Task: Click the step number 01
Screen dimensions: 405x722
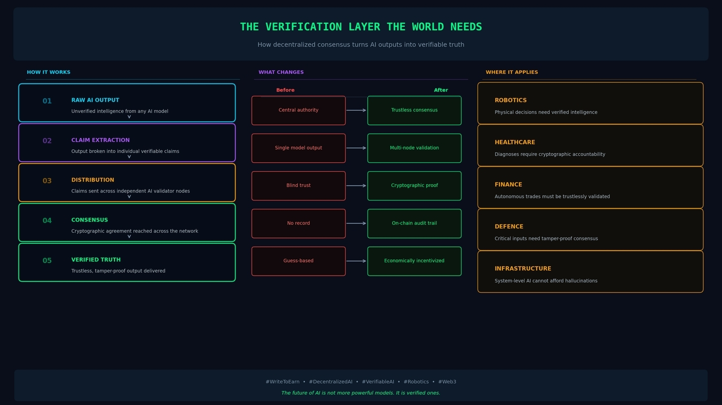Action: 47,101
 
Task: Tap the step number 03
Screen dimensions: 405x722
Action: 47,181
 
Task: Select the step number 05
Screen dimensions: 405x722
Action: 47,261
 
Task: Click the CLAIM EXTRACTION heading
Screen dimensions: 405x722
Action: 101,140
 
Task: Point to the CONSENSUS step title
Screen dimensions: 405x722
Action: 90,220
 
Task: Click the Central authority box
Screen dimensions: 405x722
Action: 298,110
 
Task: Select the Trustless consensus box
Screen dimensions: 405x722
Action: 414,110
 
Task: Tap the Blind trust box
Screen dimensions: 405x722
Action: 298,186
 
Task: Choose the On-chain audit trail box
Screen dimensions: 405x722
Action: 414,223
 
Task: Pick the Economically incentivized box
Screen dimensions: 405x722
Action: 414,261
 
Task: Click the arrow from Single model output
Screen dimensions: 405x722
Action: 357,148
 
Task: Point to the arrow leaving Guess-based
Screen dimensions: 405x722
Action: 357,261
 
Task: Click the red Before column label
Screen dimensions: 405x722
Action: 285,90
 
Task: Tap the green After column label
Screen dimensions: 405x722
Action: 441,90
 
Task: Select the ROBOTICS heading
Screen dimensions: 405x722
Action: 510,101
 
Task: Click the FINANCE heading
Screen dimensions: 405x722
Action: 508,185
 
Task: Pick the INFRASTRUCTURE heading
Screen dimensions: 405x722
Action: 523,269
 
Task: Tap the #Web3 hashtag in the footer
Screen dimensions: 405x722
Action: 447,382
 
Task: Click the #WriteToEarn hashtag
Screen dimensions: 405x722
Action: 282,382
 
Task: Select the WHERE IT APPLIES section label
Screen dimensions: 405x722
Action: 512,72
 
